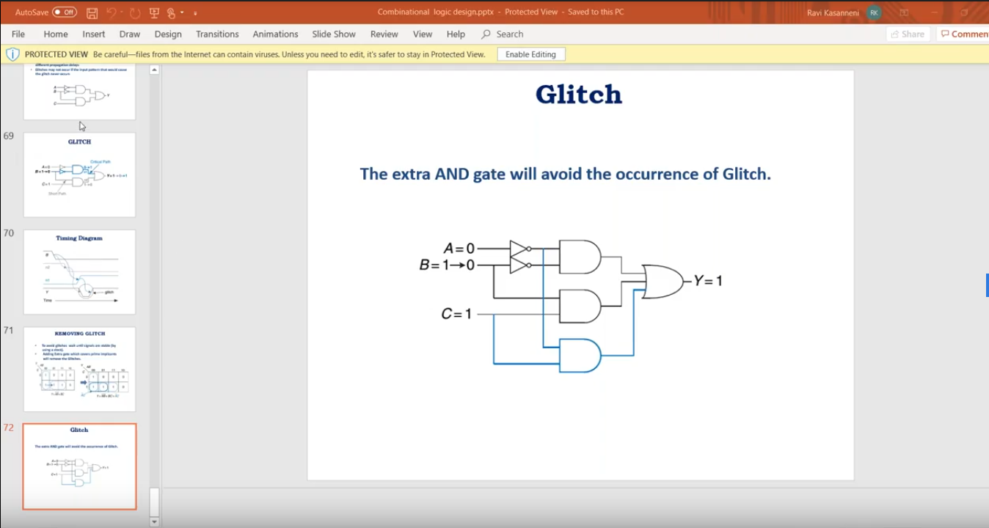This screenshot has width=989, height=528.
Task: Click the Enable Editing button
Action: (530, 54)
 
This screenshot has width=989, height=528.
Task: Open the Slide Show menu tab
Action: (333, 34)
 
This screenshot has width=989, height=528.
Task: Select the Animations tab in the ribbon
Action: (275, 34)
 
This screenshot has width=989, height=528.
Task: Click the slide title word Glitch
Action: (578, 95)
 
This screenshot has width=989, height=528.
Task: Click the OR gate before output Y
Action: (662, 281)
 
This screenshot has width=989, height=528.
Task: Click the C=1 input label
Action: (456, 314)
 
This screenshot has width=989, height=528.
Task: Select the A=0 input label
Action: (459, 249)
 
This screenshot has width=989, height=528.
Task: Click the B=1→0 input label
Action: (447, 265)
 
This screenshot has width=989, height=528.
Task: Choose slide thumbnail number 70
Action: (79, 271)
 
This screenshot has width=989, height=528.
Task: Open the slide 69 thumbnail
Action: (79, 175)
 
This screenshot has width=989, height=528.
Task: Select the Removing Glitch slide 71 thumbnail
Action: (79, 369)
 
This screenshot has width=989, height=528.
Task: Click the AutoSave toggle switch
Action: (65, 12)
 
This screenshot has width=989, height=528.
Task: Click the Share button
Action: (908, 34)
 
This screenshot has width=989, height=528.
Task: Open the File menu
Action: (18, 34)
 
